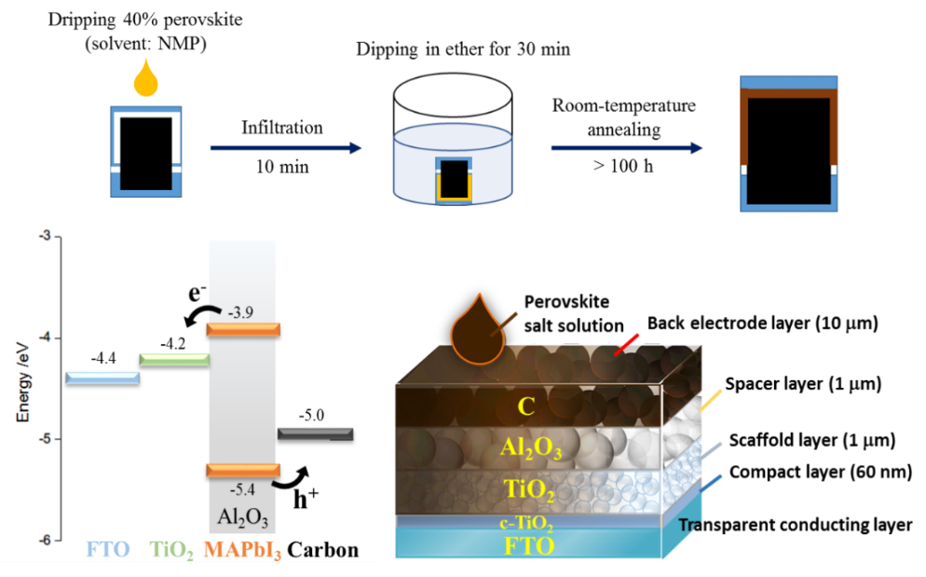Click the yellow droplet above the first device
(x=143, y=80)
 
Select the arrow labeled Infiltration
(x=284, y=147)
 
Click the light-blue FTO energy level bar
(x=102, y=378)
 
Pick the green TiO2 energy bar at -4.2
(x=173, y=359)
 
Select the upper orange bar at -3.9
(x=243, y=327)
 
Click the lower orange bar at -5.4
(x=243, y=469)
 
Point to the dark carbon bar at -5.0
(x=315, y=433)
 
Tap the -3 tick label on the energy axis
(x=44, y=237)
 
